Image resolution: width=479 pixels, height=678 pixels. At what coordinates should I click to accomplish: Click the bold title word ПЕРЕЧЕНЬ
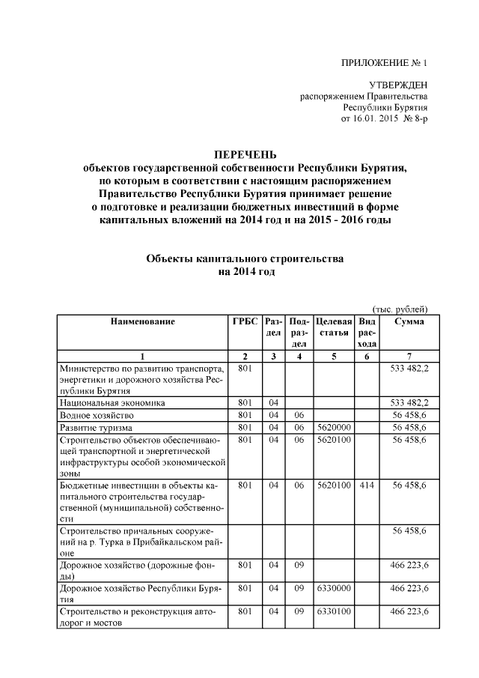coord(247,156)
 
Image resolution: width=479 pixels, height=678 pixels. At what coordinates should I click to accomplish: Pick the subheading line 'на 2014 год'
coord(247,272)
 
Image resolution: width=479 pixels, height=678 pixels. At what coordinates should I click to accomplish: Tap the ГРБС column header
coord(245,321)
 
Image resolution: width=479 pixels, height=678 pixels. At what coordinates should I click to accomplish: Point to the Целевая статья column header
coord(334,327)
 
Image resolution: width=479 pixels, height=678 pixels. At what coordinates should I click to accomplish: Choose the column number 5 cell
coord(334,356)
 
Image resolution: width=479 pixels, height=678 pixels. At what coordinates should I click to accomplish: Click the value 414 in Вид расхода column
coord(367,485)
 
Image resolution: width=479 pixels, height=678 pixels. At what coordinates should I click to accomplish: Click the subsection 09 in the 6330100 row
coord(299,612)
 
